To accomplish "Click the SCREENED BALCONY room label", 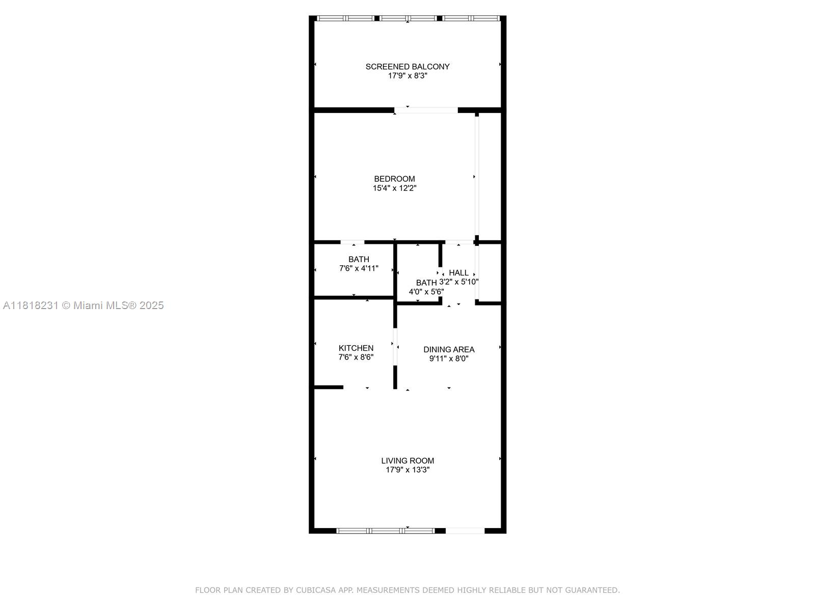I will coord(407,67).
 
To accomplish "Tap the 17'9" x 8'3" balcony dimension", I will coord(407,76).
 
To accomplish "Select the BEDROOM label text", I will coord(394,179).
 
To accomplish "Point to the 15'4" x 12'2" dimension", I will coord(394,188).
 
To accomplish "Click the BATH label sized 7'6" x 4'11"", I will coord(359,260).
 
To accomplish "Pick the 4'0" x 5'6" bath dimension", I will coord(426,292).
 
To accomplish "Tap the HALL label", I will coord(458,273).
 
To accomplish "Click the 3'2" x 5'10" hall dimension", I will coord(458,282).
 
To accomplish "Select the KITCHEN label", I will coord(356,348).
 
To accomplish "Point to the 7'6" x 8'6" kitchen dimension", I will coord(356,357).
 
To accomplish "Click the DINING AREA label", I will coord(449,350).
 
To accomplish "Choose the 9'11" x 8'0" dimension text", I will coord(449,359).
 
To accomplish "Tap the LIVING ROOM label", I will coord(407,461).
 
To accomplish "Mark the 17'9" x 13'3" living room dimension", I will coord(407,470).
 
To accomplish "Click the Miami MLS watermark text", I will coord(83,305).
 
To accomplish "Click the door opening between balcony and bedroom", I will coord(426,110).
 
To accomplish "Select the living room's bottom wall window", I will coord(386,531).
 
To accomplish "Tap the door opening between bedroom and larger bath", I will coord(352,242).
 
